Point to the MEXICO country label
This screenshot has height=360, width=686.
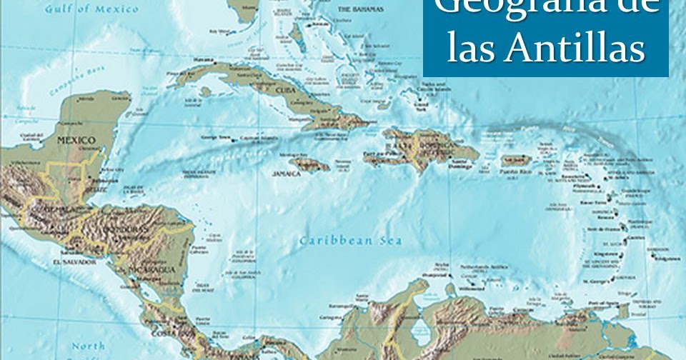[x=76, y=140]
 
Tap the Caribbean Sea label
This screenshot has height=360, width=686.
[x=351, y=240]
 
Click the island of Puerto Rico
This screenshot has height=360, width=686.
[x=512, y=161]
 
